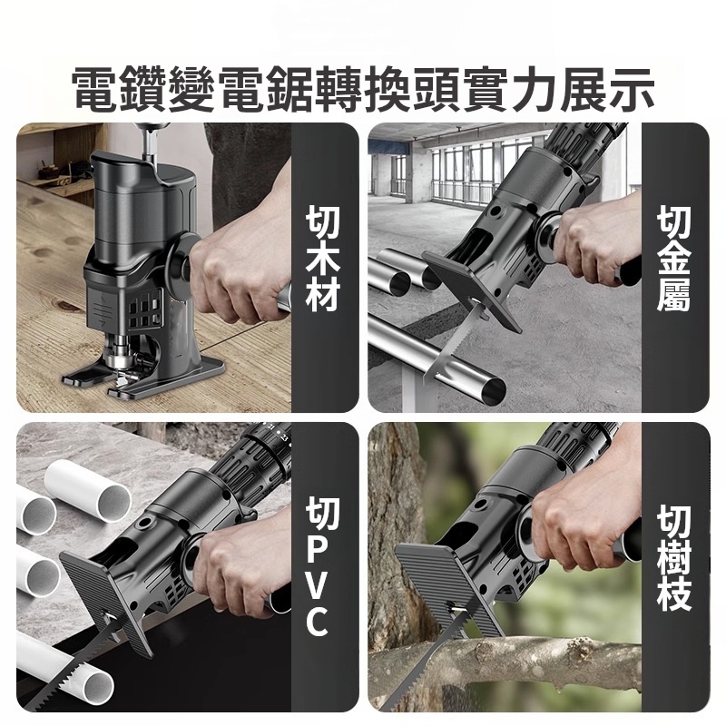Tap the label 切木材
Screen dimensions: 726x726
[323, 259]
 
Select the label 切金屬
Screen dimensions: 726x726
[674, 259]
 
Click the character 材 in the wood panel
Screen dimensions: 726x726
[323, 297]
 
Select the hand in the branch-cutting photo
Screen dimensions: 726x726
[581, 526]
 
